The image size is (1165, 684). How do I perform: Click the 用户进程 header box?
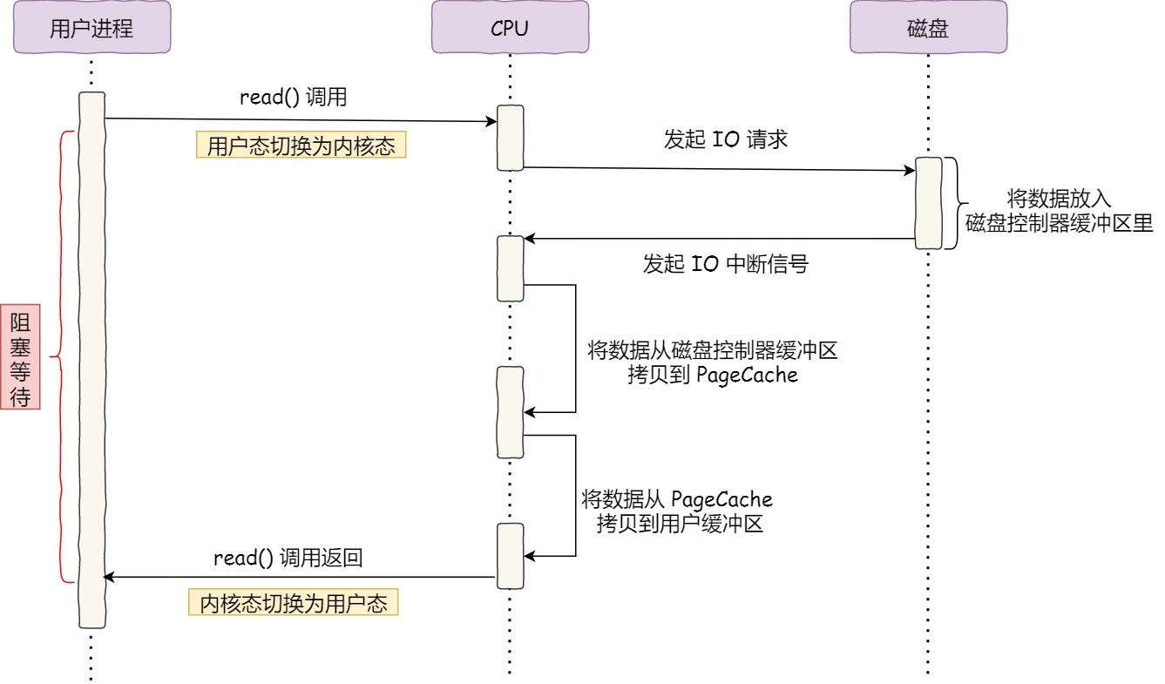(x=91, y=27)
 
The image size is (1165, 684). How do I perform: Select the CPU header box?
(x=510, y=27)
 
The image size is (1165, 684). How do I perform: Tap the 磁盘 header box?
(x=928, y=27)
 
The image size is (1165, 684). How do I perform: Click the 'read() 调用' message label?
(x=294, y=97)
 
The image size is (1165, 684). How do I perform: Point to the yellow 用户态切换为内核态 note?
(x=301, y=146)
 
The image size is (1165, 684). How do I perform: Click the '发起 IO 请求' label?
(x=726, y=139)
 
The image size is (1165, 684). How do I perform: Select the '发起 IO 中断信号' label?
(x=726, y=264)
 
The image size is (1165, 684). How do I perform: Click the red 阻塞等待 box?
(x=20, y=357)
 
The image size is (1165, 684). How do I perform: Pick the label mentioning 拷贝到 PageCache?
(x=712, y=363)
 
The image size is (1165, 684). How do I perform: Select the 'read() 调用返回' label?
(x=288, y=559)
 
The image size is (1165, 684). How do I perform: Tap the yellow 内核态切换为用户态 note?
(x=294, y=604)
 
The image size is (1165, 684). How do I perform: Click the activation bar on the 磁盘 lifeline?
(x=928, y=204)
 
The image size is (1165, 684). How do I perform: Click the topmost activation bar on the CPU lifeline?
(x=510, y=138)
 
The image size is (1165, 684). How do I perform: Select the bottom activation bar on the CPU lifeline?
(x=510, y=555)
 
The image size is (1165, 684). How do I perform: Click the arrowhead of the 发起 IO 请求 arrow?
(x=908, y=171)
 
